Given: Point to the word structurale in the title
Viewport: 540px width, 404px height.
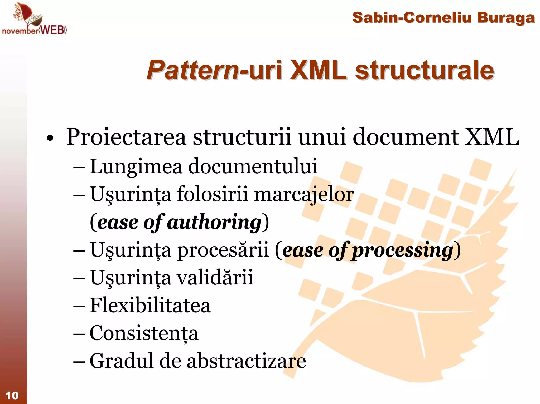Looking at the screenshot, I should click(424, 70).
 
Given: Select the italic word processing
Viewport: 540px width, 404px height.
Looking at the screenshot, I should click(402, 250).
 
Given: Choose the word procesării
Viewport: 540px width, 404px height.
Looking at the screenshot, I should click(223, 250).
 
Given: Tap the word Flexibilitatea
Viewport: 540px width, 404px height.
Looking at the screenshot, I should click(150, 306).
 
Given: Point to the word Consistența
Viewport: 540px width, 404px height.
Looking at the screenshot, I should click(144, 333).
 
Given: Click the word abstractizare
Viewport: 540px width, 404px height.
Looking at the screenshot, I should click(247, 361).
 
